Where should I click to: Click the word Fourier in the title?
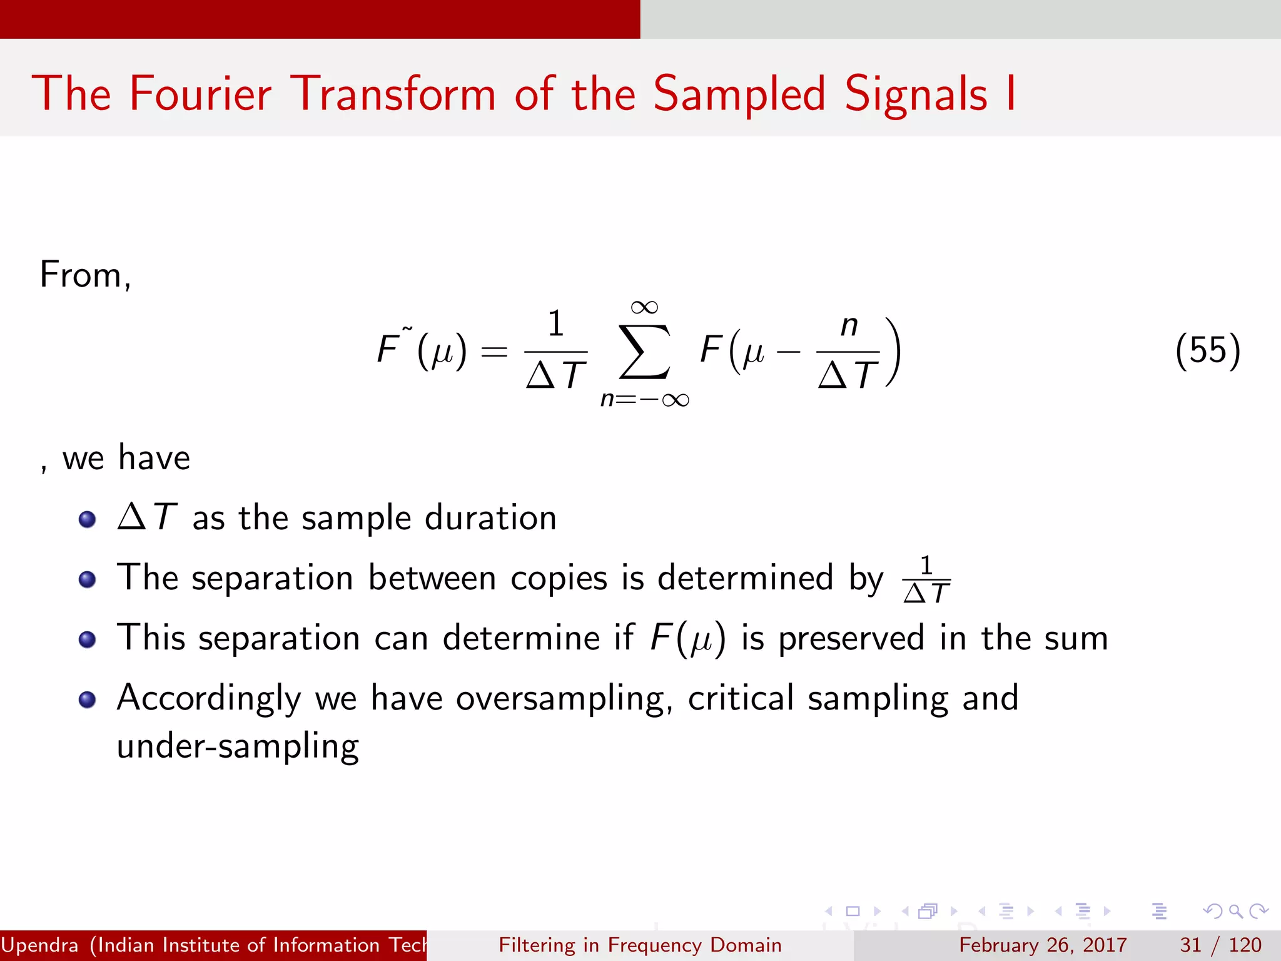(x=200, y=94)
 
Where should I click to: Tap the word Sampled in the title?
(x=739, y=94)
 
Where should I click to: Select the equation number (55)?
(x=1207, y=350)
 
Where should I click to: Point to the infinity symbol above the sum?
(x=644, y=307)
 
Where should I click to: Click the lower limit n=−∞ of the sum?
(x=644, y=399)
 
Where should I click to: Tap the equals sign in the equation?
(x=494, y=352)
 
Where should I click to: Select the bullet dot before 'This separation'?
(x=88, y=639)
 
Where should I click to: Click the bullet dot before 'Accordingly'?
(x=88, y=699)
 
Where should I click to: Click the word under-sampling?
(x=238, y=746)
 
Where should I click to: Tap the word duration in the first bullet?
(x=490, y=518)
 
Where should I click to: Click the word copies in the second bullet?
(x=559, y=578)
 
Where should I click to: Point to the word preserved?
(x=851, y=638)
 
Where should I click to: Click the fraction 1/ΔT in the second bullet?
(x=926, y=579)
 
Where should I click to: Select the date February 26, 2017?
(x=1043, y=945)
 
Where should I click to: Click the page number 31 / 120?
(x=1220, y=945)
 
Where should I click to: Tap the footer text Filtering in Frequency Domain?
(x=640, y=945)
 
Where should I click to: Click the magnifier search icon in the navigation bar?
(x=1235, y=911)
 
